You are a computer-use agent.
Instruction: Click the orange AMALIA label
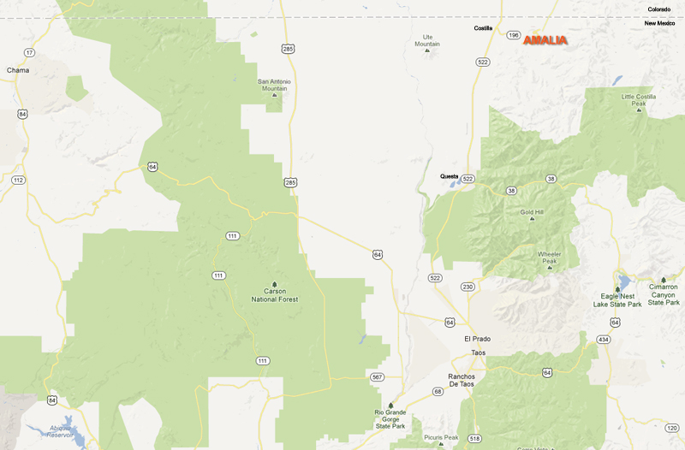(545, 40)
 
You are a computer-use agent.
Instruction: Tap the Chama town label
(17, 70)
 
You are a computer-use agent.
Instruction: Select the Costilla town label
(484, 28)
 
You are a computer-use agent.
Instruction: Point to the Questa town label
(450, 176)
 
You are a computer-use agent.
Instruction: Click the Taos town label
(478, 352)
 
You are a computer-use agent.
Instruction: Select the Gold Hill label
(532, 211)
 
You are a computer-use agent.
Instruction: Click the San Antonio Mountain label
(274, 85)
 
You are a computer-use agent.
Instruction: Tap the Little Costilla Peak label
(639, 100)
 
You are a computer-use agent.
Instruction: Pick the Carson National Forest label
(274, 296)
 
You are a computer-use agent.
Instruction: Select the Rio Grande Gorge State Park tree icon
(391, 406)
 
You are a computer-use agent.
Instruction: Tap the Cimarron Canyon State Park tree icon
(664, 280)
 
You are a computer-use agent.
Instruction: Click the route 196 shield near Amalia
(513, 35)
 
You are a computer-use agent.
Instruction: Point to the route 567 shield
(378, 376)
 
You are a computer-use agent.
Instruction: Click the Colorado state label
(658, 9)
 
